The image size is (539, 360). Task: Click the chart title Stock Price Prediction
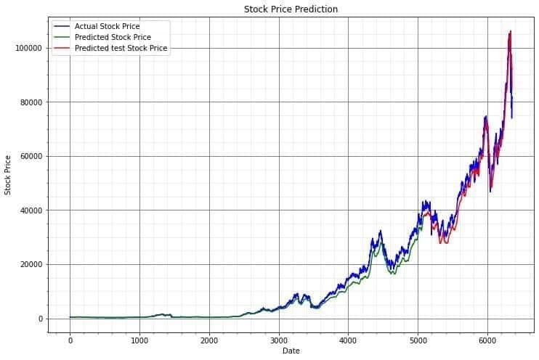(x=291, y=9)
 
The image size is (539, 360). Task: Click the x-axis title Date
(x=291, y=351)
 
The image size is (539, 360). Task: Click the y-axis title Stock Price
(x=8, y=174)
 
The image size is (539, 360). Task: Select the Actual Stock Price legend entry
(x=107, y=27)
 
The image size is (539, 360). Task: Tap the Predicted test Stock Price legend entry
(x=121, y=48)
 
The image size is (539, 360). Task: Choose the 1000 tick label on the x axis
(x=139, y=339)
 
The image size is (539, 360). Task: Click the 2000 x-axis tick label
(x=209, y=339)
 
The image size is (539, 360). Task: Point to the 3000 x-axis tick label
(x=279, y=339)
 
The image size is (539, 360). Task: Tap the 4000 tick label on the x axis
(x=348, y=339)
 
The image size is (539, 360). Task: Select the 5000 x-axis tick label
(x=418, y=339)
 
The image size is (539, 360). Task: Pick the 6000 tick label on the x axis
(x=487, y=339)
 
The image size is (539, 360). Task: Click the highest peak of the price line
(x=511, y=31)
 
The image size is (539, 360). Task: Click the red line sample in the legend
(x=62, y=48)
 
